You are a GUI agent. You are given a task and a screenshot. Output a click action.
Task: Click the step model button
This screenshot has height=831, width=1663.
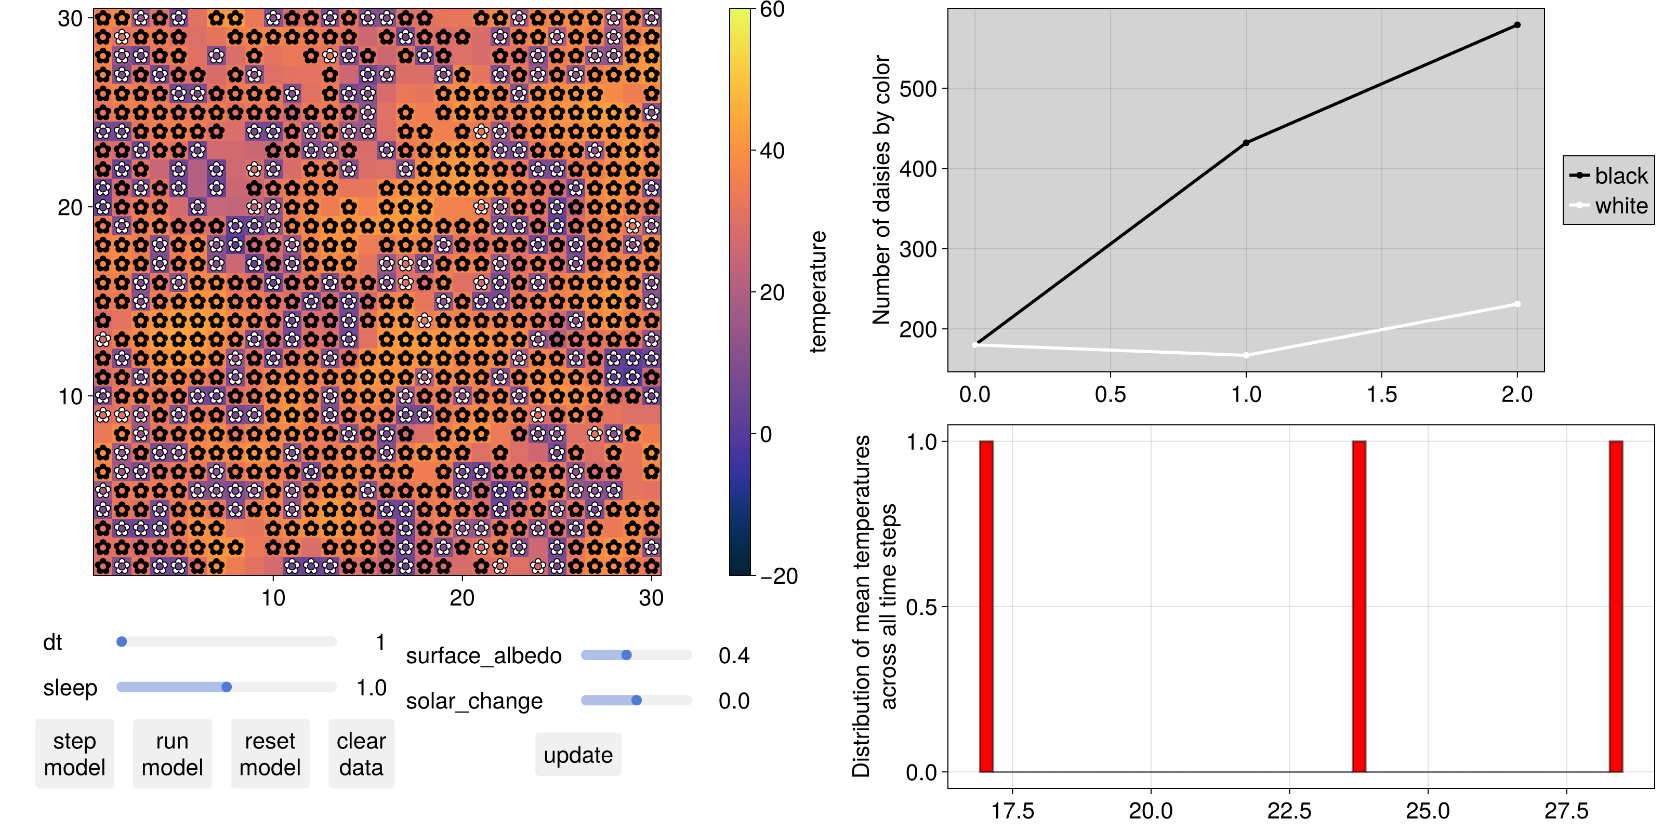tap(74, 754)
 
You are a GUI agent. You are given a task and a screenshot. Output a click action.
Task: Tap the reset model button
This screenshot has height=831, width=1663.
tap(270, 754)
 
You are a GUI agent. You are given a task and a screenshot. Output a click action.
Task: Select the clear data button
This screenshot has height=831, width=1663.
tap(361, 754)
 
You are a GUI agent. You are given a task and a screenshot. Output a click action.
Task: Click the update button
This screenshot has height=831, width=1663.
tap(578, 755)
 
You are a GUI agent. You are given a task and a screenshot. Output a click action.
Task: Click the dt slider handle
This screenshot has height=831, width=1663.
tap(122, 642)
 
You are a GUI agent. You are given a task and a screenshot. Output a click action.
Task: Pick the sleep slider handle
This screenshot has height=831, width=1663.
tap(227, 687)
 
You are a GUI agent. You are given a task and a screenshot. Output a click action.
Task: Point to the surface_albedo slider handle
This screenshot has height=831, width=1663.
tap(626, 655)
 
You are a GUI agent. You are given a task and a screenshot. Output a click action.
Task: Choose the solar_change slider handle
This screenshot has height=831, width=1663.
tap(637, 701)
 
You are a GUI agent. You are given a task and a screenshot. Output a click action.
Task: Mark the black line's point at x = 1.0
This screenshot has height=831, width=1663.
tap(1246, 143)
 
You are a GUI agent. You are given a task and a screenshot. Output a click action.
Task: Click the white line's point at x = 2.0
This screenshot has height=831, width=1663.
tap(1517, 304)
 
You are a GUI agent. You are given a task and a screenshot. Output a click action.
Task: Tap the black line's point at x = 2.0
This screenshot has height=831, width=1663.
tap(1517, 25)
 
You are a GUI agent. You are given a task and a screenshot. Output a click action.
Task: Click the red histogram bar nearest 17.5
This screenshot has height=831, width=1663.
tap(986, 607)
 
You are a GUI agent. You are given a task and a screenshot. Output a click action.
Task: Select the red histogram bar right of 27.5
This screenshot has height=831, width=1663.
tap(1616, 607)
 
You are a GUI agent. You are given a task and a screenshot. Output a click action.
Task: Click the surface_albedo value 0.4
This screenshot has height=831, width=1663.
tap(734, 655)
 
